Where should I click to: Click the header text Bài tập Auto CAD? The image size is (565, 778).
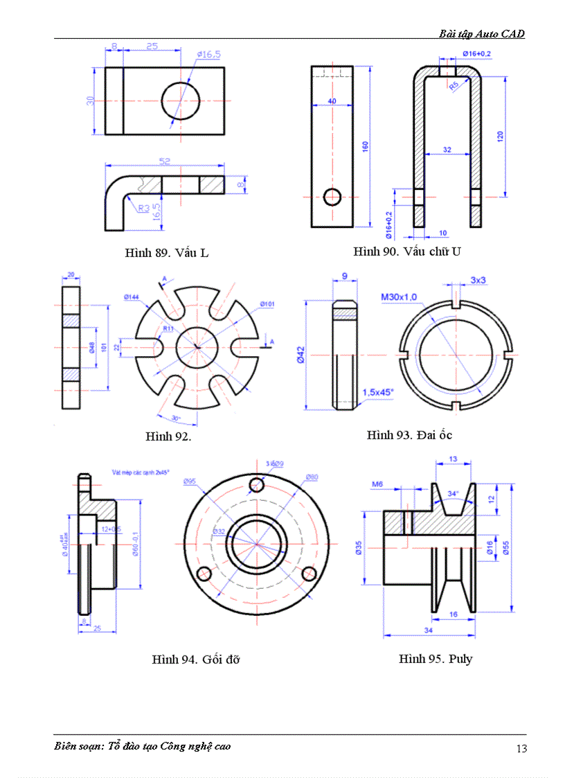[x=481, y=33]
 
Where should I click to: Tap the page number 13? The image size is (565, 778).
[x=521, y=748]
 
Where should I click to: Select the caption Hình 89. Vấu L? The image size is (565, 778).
[x=166, y=252]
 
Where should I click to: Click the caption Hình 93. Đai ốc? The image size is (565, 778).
[x=409, y=434]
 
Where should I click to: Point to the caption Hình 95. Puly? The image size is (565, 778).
[x=436, y=658]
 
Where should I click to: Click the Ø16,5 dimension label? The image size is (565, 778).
[x=208, y=54]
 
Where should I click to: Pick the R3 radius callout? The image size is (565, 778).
[x=143, y=207]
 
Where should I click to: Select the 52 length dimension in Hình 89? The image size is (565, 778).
[x=165, y=161]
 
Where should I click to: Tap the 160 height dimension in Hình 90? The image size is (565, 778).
[x=365, y=145]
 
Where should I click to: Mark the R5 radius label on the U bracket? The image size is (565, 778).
[x=454, y=85]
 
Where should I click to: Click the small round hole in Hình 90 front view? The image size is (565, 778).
[x=333, y=197]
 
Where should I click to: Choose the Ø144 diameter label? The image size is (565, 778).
[x=132, y=297]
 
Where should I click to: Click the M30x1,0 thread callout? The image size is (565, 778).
[x=399, y=297]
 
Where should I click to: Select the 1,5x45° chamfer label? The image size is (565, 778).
[x=378, y=391]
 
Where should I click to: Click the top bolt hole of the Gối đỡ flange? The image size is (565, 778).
[x=257, y=484]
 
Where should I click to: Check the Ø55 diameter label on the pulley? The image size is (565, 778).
[x=505, y=547]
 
